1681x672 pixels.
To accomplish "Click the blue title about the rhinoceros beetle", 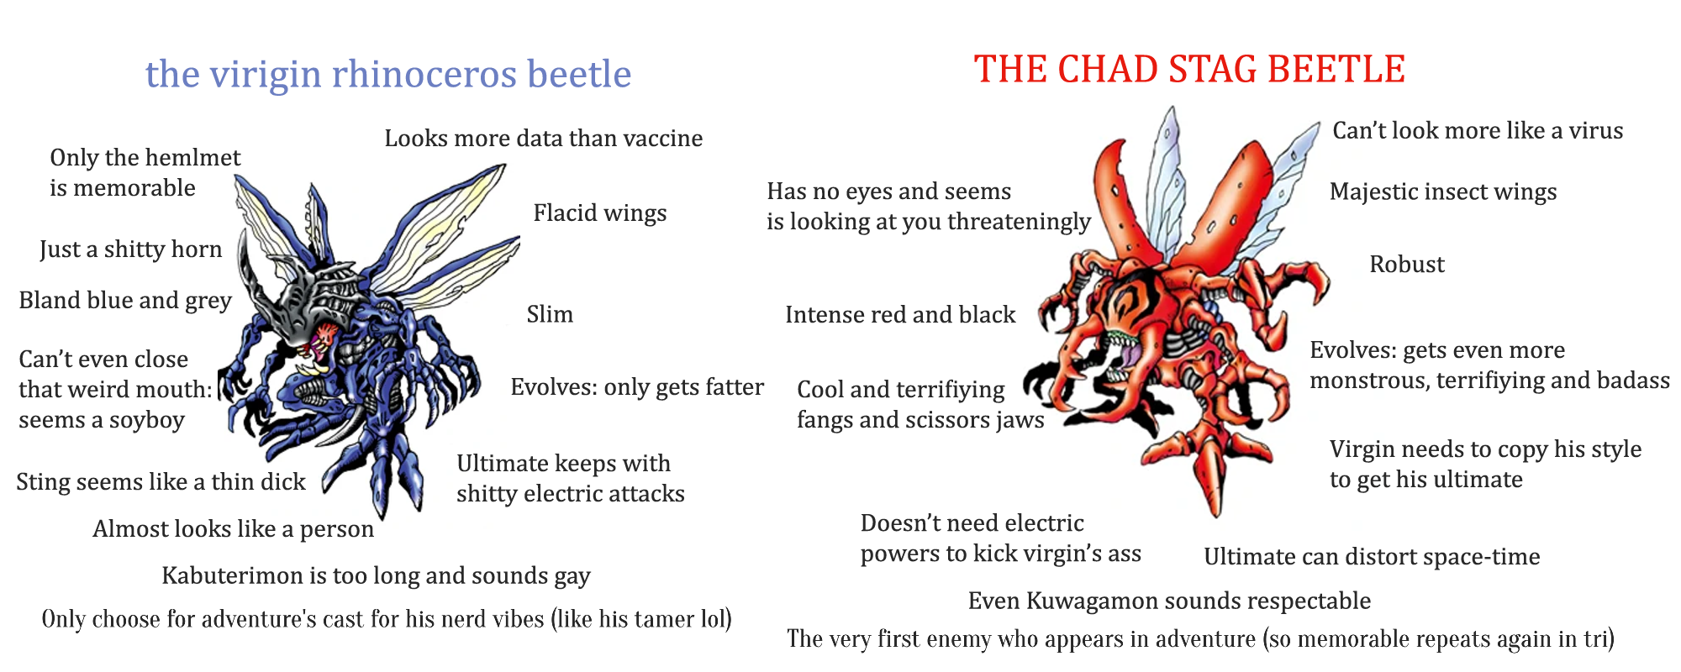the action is click(388, 75).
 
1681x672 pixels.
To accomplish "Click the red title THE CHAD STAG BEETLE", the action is click(1189, 69).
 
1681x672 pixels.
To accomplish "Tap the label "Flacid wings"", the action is click(600, 213).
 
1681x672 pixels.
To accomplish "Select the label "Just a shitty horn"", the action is click(131, 249).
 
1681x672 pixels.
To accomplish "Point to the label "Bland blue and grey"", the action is click(125, 301).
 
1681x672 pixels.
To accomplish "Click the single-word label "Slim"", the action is click(550, 314).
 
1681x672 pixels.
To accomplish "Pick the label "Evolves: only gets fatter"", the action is click(637, 387).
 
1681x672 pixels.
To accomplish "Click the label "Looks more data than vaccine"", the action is click(544, 139).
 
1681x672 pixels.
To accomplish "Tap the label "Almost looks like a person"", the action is click(234, 529).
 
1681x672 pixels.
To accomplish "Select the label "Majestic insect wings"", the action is click(1443, 192).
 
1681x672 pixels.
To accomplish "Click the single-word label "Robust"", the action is click(1407, 265).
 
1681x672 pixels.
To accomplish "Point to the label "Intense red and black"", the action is click(900, 315).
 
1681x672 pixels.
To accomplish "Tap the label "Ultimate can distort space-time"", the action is click(1372, 557).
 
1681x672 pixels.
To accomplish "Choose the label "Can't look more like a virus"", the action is click(1478, 131).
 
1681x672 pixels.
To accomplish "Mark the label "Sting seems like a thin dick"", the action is click(161, 482).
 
